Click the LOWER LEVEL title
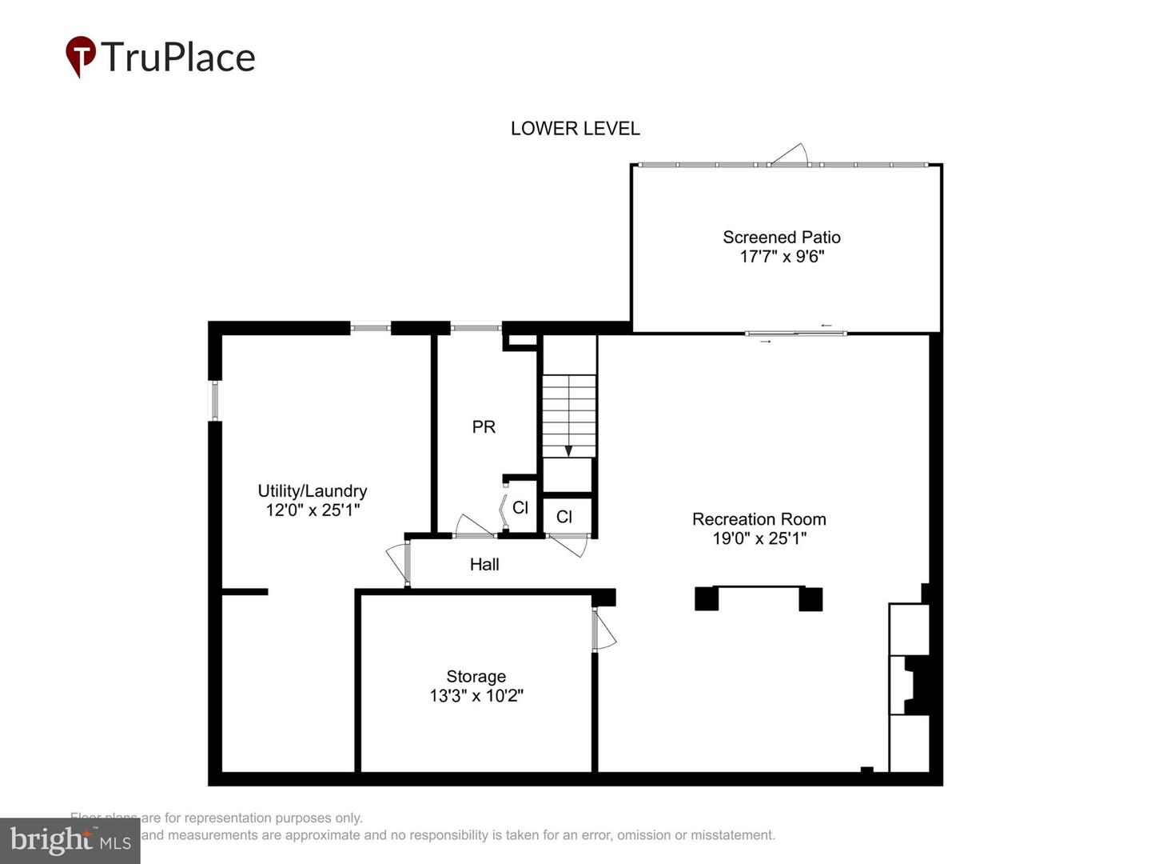click(x=575, y=128)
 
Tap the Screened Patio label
click(x=781, y=237)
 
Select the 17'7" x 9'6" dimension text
click(x=781, y=257)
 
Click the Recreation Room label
click(x=759, y=519)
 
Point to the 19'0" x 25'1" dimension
click(x=759, y=538)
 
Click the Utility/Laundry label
click(x=312, y=491)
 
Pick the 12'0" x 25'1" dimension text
click(x=312, y=510)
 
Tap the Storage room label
click(x=476, y=677)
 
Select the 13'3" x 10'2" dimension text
click(x=476, y=696)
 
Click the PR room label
click(x=484, y=427)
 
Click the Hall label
click(x=484, y=565)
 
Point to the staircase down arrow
click(x=568, y=451)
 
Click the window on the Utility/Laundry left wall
click(x=214, y=400)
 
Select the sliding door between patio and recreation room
click(x=795, y=333)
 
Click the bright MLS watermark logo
click(x=70, y=841)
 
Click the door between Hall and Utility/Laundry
click(x=397, y=562)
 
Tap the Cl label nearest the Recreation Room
click(x=564, y=518)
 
